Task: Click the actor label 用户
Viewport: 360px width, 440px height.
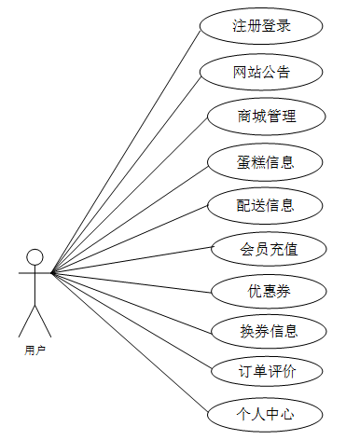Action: click(x=35, y=351)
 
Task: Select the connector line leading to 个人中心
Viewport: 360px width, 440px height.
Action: click(x=130, y=343)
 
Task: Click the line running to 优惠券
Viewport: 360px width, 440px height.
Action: click(x=132, y=282)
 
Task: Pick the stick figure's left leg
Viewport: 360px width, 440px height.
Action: click(x=27, y=322)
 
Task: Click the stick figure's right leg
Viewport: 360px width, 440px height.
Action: click(x=43, y=322)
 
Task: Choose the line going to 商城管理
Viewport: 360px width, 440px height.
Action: click(x=130, y=196)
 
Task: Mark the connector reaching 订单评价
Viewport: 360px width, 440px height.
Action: click(x=132, y=322)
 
